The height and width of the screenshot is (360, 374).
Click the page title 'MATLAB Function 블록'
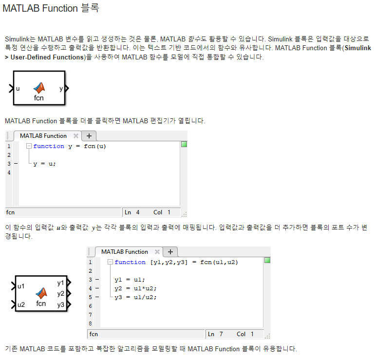point(51,8)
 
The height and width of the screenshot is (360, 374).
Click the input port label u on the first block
point(18,89)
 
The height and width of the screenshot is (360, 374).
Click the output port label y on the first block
point(61,89)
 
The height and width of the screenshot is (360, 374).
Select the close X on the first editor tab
point(76,136)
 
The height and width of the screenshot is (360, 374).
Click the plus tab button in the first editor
point(89,136)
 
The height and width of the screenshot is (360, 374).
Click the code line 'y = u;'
point(44,164)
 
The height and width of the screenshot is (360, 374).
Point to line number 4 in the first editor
point(9,172)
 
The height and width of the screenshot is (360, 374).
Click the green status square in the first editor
point(184,144)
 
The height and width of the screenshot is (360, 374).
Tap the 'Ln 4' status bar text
point(132,212)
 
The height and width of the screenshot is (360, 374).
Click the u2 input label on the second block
point(21,305)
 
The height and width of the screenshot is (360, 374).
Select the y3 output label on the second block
point(60,305)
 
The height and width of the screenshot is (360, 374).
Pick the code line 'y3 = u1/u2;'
point(135,297)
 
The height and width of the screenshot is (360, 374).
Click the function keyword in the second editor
point(130,262)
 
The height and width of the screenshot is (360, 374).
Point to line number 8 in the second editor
point(90,323)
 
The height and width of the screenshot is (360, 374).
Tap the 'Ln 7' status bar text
point(215,334)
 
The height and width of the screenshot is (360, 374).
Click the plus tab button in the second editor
point(170,252)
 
